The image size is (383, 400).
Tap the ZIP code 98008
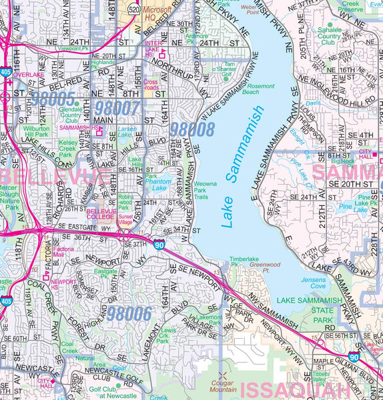pyautogui.click(x=192, y=129)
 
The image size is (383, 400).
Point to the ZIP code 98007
pyautogui.click(x=117, y=107)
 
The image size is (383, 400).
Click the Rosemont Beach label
pyautogui.click(x=261, y=89)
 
